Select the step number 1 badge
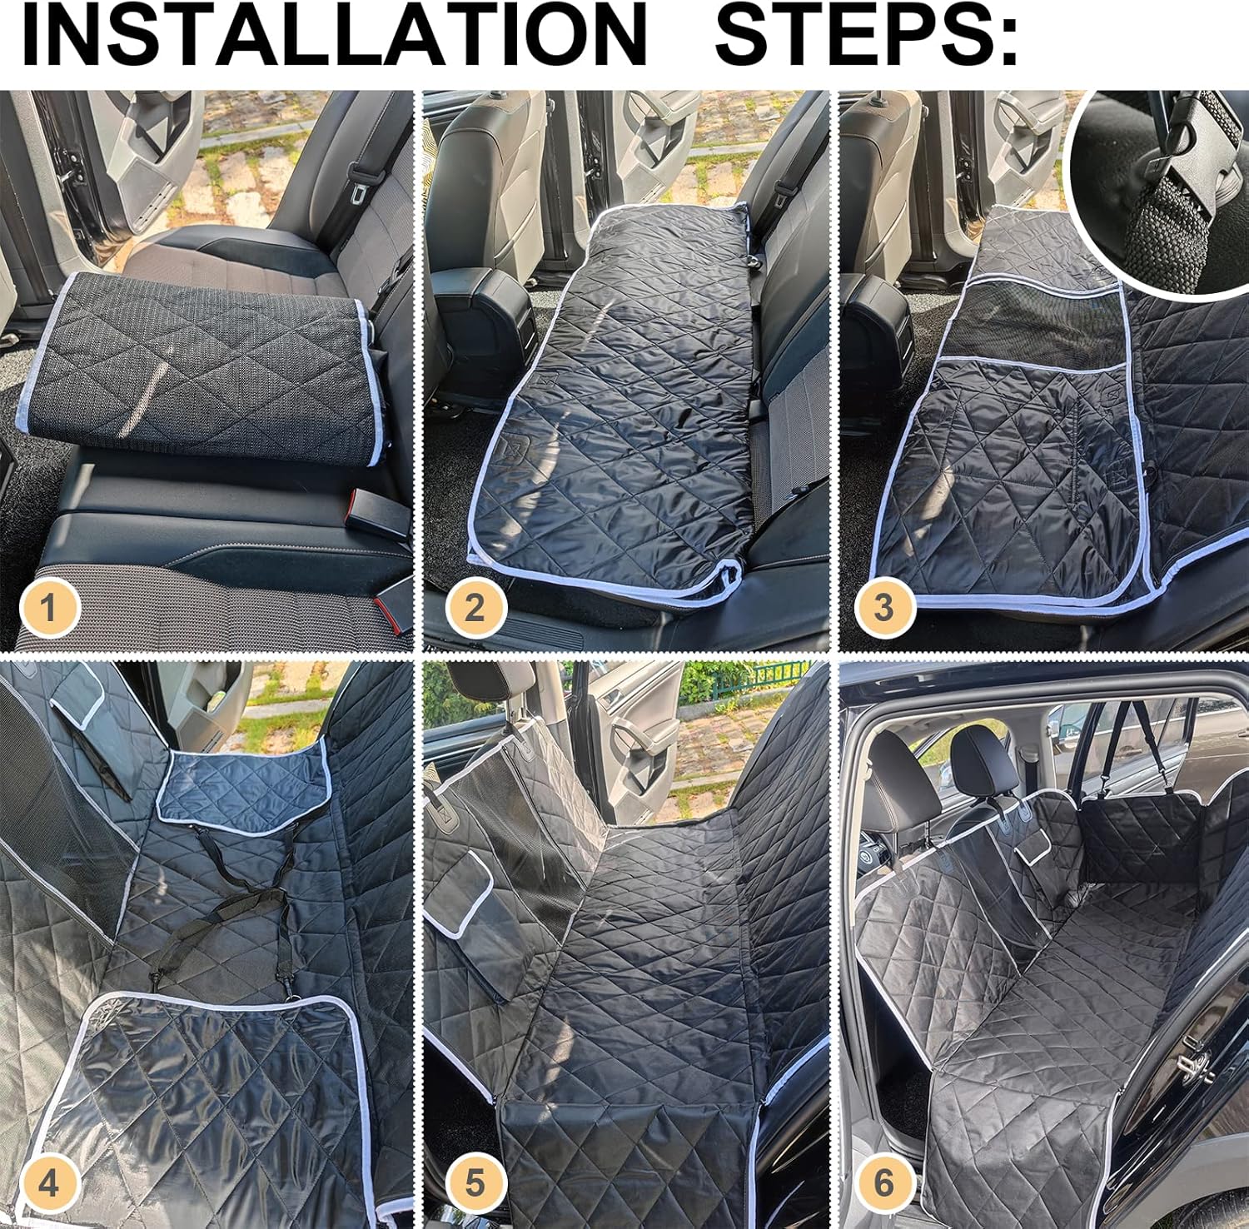[x=49, y=605]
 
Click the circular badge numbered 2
[x=474, y=605]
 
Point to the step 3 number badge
[x=883, y=605]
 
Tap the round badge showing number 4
[x=49, y=1183]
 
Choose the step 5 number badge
[x=474, y=1183]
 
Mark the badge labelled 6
[x=883, y=1183]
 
